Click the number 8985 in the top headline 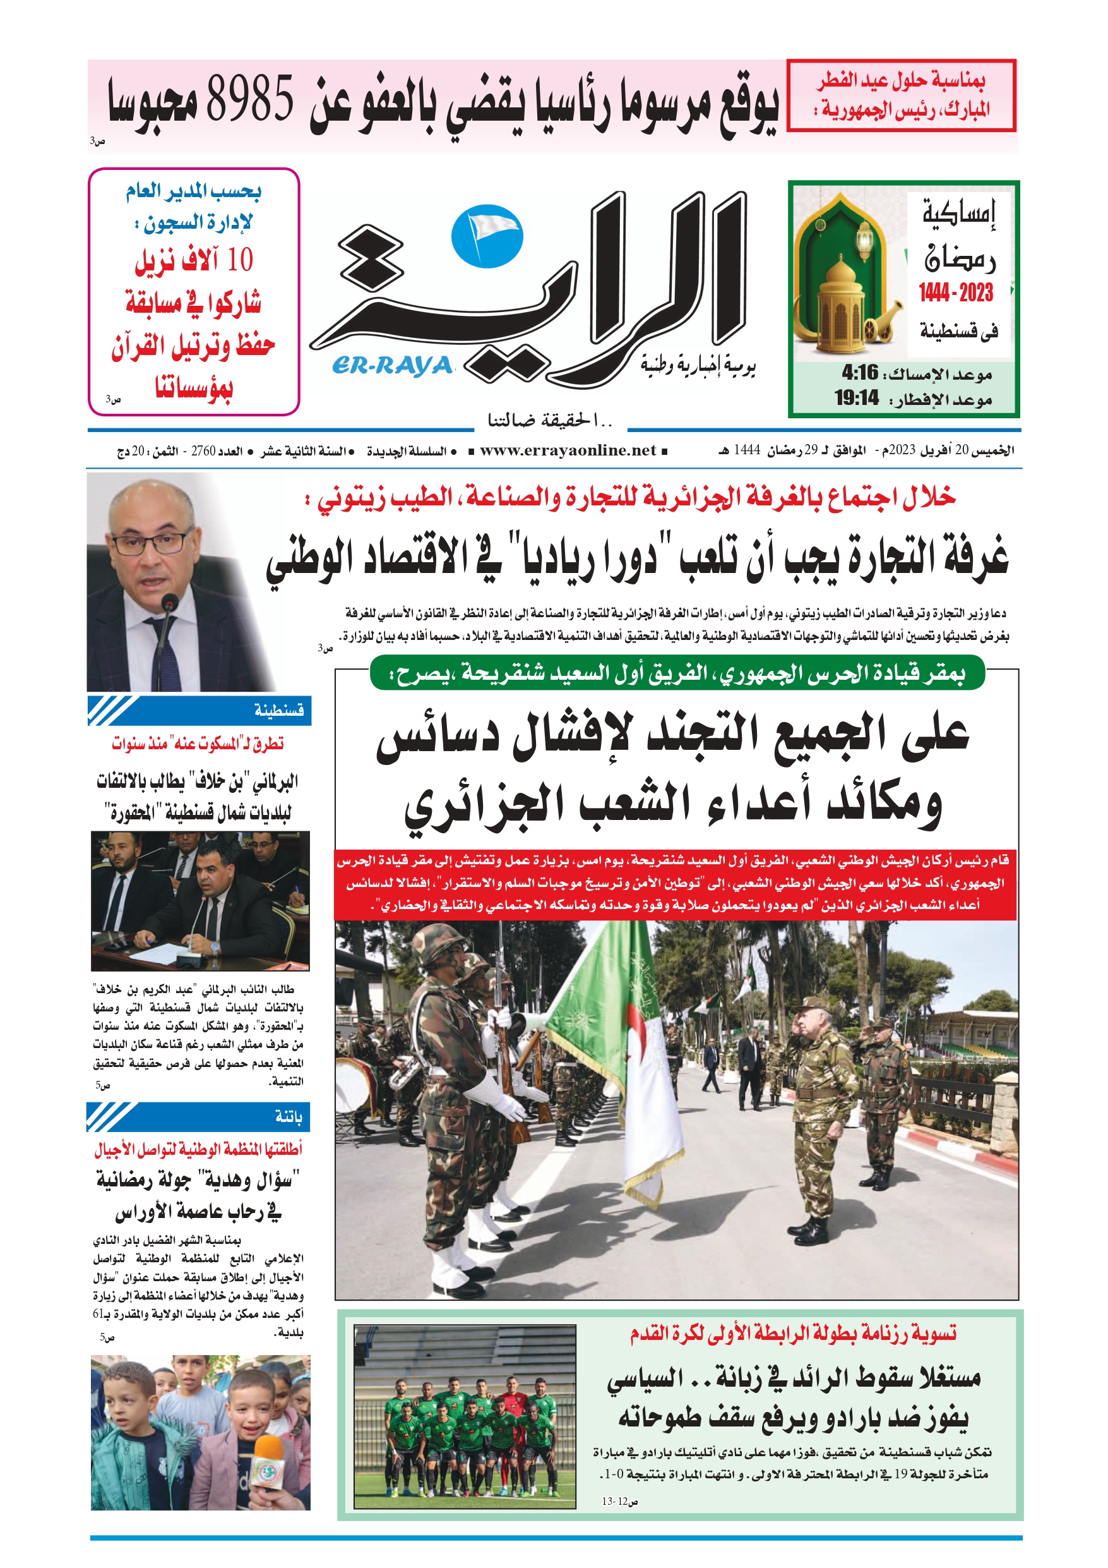point(249,99)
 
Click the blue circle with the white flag point(487,237)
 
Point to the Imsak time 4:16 point(859,373)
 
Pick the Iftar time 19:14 point(856,397)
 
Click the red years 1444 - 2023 point(955,293)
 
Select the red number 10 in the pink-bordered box point(240,260)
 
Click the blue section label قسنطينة point(278,711)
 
